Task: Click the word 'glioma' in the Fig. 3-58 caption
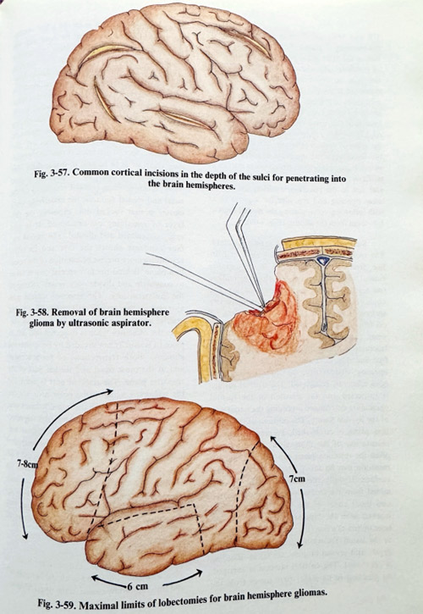click(x=41, y=324)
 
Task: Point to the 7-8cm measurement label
click(x=27, y=464)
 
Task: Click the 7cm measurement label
click(x=298, y=478)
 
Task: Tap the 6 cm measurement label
click(x=136, y=587)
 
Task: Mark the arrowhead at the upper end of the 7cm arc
click(x=272, y=440)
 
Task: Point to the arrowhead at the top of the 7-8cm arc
click(x=108, y=391)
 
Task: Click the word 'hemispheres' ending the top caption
click(x=214, y=185)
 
